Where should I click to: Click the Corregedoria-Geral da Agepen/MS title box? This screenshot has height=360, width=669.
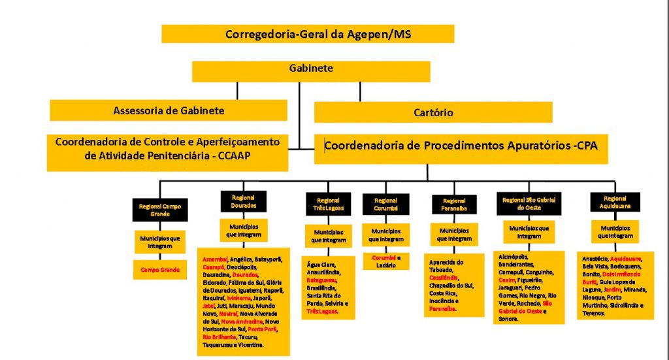pos(308,34)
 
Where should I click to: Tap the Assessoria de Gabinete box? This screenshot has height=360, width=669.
pos(169,110)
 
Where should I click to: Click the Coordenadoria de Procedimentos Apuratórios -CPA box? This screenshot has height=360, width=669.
pos(461,149)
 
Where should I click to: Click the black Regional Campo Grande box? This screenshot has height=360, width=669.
pos(160,210)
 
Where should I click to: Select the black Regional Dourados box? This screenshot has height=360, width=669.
pos(243,201)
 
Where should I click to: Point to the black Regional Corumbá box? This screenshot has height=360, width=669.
pos(386,204)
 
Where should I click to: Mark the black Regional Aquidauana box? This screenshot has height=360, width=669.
pos(615,201)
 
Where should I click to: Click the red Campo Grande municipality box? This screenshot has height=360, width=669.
pos(160,269)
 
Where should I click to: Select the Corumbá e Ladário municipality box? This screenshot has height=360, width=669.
pos(386,261)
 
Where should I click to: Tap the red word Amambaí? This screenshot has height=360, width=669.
pos(215,259)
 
